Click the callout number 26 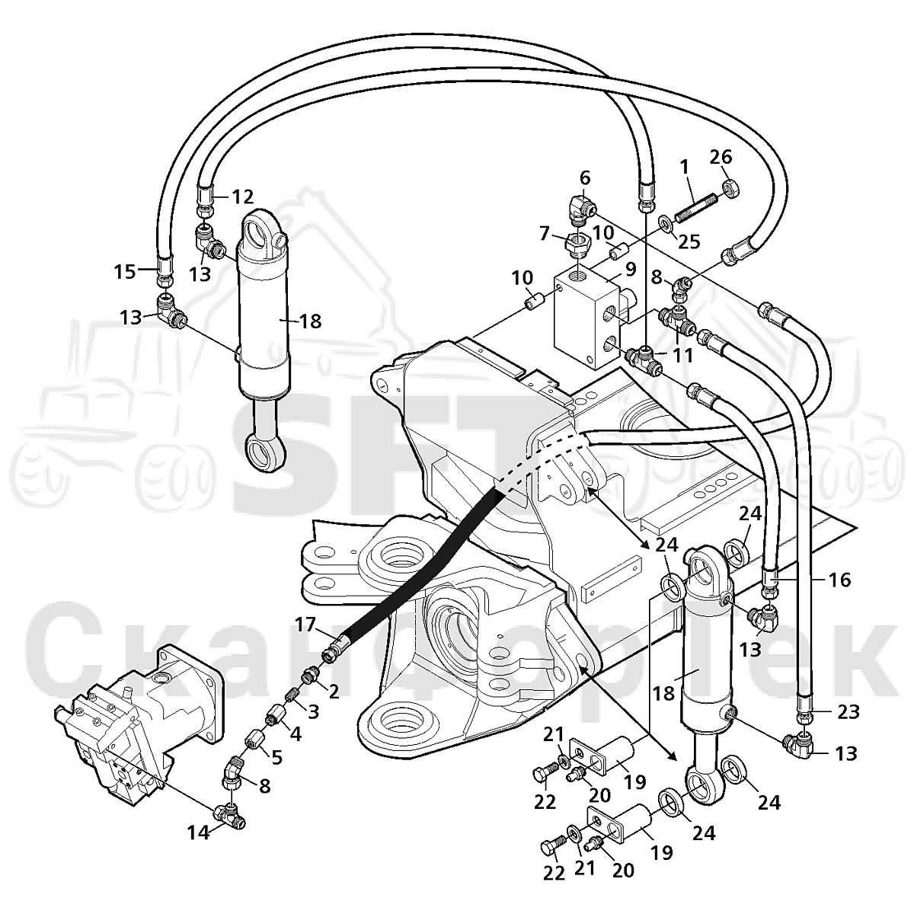721,158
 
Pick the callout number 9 630,269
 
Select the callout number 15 125,272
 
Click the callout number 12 243,197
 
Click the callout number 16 839,580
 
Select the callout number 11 683,355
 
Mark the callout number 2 334,692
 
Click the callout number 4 296,735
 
